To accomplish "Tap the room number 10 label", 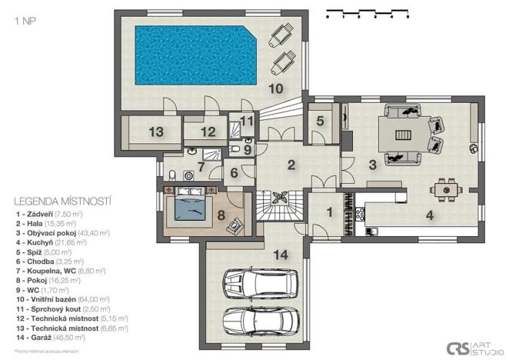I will pos(275,89).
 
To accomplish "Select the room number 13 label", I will pos(156,132).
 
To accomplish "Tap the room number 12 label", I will pos(208,132).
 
